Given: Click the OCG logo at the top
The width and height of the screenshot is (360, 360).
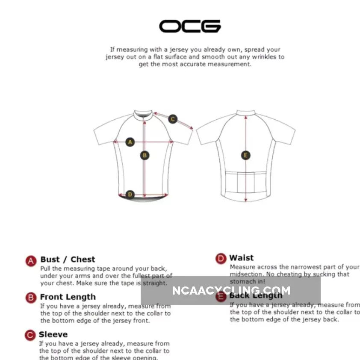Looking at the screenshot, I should coord(190,26).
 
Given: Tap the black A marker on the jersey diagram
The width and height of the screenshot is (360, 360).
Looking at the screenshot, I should coord(130,142).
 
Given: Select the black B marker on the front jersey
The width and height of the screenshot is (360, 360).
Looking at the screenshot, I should coord(145,155).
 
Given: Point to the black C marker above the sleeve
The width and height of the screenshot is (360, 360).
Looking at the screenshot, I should coord(173,119).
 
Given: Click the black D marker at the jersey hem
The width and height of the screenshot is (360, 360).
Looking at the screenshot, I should coord(130,195).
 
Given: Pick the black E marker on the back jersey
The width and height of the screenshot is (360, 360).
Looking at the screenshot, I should coord(245,155).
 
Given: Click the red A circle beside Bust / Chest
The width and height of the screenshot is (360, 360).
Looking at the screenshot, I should coord(31,261).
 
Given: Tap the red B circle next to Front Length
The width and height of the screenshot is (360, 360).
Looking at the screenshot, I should coord(31,298).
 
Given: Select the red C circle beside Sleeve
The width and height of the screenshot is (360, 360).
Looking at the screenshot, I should coord(30,336).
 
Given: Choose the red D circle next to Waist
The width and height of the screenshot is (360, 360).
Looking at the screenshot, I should coord(221,259).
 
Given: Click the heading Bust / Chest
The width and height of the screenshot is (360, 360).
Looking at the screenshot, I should coord(68,260).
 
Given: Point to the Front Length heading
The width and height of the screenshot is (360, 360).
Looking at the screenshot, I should coord(68,297).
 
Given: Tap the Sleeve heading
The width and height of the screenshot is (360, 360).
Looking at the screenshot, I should coord(53,334).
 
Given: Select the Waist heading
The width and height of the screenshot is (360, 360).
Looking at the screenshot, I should coord(241,258).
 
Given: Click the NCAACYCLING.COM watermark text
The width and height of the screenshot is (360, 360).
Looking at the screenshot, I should coord(231,291).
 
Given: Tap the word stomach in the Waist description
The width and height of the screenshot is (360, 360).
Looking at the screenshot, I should coord(242,281).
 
